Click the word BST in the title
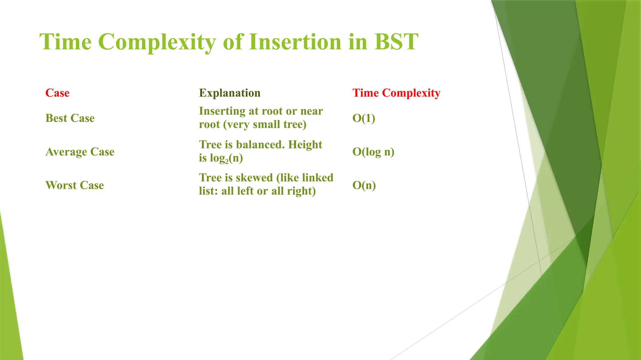396,42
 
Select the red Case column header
57,93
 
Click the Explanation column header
230,93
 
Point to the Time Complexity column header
396,93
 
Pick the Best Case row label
70,118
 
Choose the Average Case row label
80,152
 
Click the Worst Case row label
74,185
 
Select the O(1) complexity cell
364,118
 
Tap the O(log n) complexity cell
373,152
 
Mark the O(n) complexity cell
364,185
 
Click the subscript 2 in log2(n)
227,162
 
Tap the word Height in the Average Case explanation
305,144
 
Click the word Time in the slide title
65,42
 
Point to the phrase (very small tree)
265,124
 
